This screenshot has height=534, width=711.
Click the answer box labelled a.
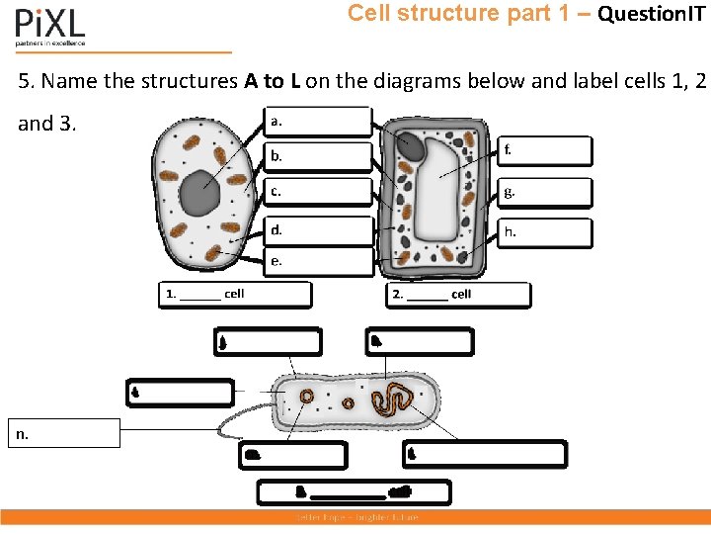pyautogui.click(x=318, y=122)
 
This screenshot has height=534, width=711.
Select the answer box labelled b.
pyautogui.click(x=318, y=156)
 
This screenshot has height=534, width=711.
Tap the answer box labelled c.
pyautogui.click(x=318, y=192)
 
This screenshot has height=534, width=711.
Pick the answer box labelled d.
pyautogui.click(x=318, y=230)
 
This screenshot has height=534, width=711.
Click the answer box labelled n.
pyautogui.click(x=65, y=433)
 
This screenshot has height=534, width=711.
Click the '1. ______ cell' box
pyautogui.click(x=235, y=295)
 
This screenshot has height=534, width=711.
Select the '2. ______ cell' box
pyautogui.click(x=457, y=295)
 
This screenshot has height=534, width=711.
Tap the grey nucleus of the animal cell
pyautogui.click(x=199, y=193)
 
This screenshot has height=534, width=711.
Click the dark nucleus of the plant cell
pyautogui.click(x=410, y=149)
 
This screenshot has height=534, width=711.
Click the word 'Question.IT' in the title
pyautogui.click(x=651, y=14)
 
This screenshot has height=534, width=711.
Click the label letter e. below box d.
pyautogui.click(x=276, y=262)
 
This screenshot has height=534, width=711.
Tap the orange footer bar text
pyautogui.click(x=355, y=517)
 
